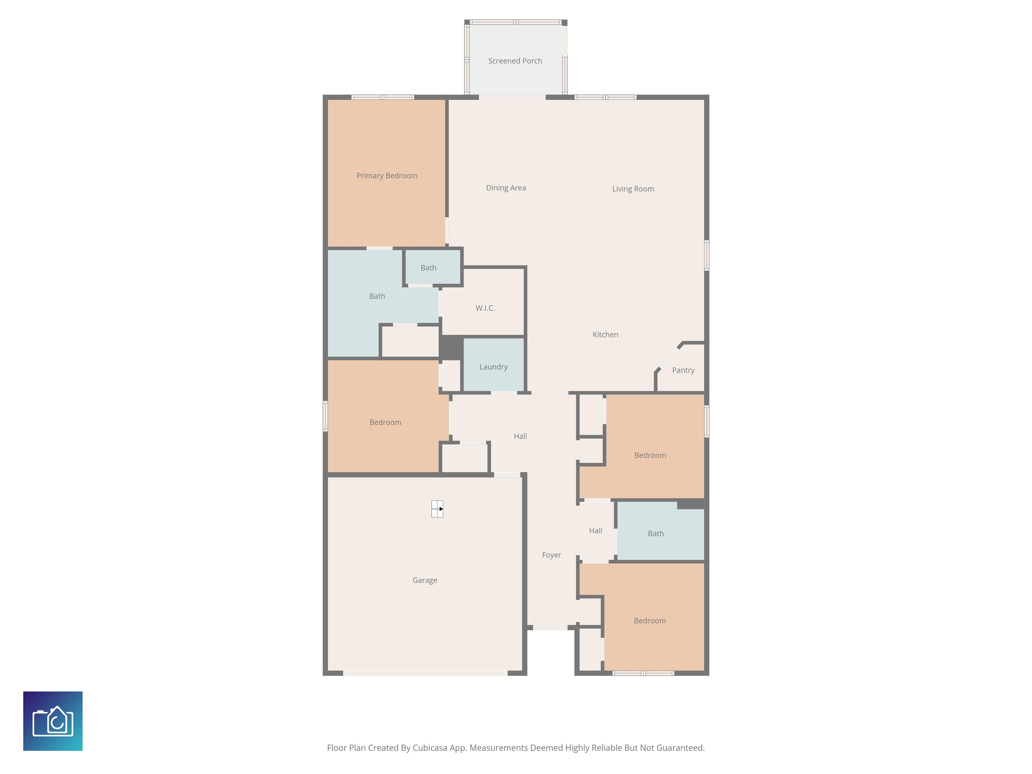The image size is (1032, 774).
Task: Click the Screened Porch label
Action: (515, 61)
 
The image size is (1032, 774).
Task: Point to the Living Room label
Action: (633, 188)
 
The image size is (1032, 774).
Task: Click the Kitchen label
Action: (605, 335)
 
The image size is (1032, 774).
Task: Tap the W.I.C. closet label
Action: (485, 308)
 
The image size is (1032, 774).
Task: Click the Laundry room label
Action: (493, 367)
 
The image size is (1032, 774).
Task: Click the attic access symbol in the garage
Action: (437, 509)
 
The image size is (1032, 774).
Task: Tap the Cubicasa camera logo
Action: (53, 721)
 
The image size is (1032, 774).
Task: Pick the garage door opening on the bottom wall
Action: (425, 673)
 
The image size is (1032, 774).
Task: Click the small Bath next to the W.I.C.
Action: (428, 268)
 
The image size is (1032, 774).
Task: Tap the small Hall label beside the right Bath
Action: (595, 530)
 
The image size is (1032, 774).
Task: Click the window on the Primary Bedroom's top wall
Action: (383, 97)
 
